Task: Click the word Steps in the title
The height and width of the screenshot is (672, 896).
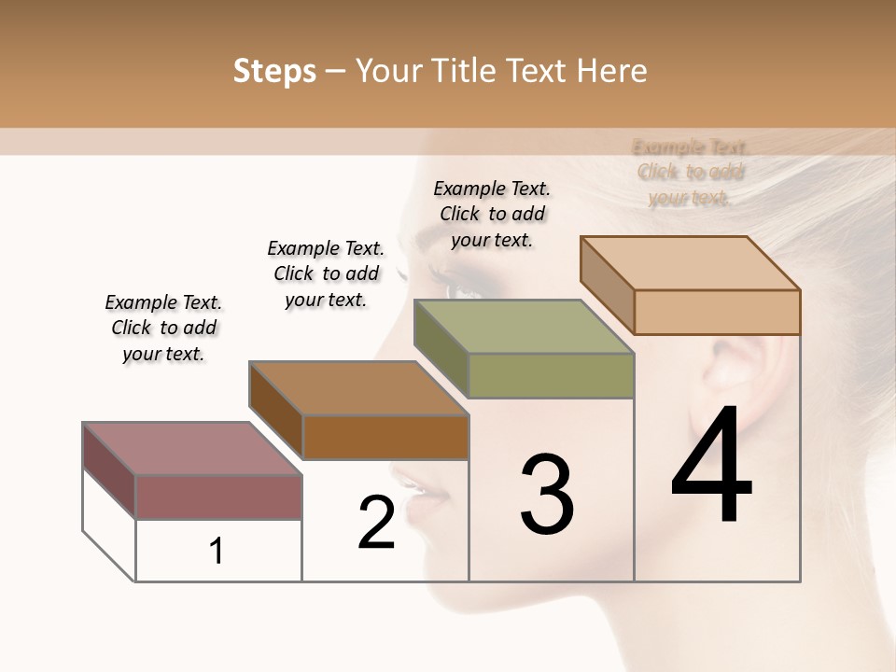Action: (274, 71)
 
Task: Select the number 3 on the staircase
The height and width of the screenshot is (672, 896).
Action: (546, 495)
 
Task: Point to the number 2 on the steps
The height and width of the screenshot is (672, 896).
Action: (376, 523)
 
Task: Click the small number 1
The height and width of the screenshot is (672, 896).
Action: (217, 552)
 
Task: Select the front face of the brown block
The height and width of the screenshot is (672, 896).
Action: (385, 437)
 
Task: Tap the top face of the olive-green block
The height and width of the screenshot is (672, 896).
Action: (523, 327)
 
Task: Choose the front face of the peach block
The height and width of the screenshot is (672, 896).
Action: (717, 312)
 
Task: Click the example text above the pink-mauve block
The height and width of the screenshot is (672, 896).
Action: (163, 328)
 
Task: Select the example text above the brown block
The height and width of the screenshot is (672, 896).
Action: (326, 273)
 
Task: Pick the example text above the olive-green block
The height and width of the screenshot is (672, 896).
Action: (492, 214)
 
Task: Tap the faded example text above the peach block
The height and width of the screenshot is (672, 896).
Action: (690, 172)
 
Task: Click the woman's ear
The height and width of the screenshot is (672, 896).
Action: (737, 373)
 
